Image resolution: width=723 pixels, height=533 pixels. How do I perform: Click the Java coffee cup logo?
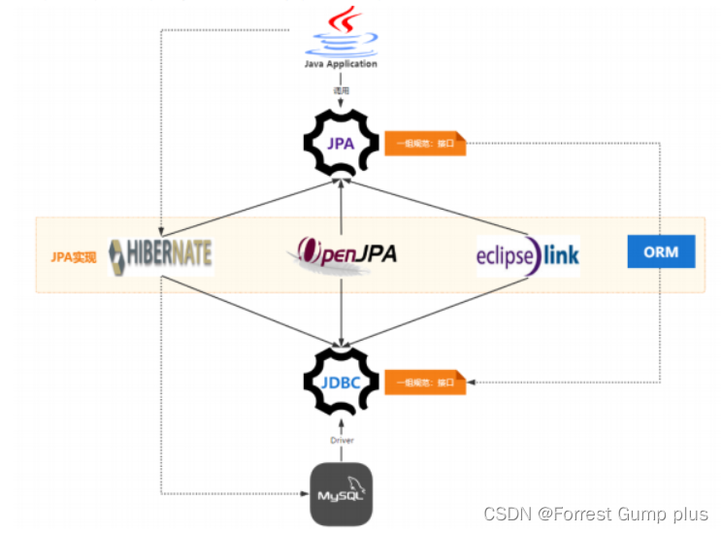pos(341,31)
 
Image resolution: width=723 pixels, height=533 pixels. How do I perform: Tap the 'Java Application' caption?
pos(341,64)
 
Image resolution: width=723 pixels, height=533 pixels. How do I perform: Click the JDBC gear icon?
pos(341,381)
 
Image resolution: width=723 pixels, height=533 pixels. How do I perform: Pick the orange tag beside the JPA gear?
pos(426,145)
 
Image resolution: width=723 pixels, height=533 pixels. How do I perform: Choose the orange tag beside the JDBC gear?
pos(426,383)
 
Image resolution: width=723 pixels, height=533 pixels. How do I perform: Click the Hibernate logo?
pos(161,254)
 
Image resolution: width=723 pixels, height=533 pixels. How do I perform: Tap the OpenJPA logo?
pos(342,254)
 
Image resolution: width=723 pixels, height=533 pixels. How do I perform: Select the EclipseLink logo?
pos(527,255)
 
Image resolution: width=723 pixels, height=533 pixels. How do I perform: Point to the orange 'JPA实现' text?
pos(74,258)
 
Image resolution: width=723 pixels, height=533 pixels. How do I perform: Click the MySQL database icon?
pos(341,494)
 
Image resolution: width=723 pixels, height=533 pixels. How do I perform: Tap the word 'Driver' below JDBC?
pos(341,440)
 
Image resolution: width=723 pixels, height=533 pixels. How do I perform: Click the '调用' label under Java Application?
pos(341,90)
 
